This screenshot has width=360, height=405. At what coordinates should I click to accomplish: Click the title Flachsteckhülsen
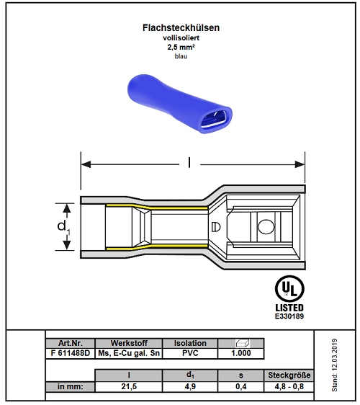(x=181, y=27)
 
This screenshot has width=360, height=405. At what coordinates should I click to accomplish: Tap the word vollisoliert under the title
(x=181, y=37)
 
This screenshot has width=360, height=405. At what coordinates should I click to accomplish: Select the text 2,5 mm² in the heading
(x=181, y=48)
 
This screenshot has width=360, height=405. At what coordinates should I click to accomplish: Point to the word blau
(x=181, y=56)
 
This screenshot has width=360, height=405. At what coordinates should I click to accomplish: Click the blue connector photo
(x=180, y=104)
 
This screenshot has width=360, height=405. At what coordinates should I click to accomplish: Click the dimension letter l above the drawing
(x=189, y=163)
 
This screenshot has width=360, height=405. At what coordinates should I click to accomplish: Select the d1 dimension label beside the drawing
(x=63, y=227)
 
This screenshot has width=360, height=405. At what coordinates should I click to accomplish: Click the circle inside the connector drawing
(x=266, y=227)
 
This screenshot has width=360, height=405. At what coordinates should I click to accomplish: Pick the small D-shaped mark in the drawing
(x=216, y=227)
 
